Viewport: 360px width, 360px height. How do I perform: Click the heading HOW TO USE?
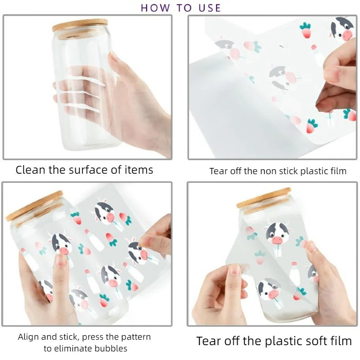[x=181, y=8]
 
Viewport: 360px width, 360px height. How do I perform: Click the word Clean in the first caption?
[x=30, y=170]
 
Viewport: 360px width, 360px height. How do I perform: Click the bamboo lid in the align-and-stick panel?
[x=35, y=206]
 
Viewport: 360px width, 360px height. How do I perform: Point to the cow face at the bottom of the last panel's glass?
[x=269, y=290]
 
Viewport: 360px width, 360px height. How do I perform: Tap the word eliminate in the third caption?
[x=73, y=348]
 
